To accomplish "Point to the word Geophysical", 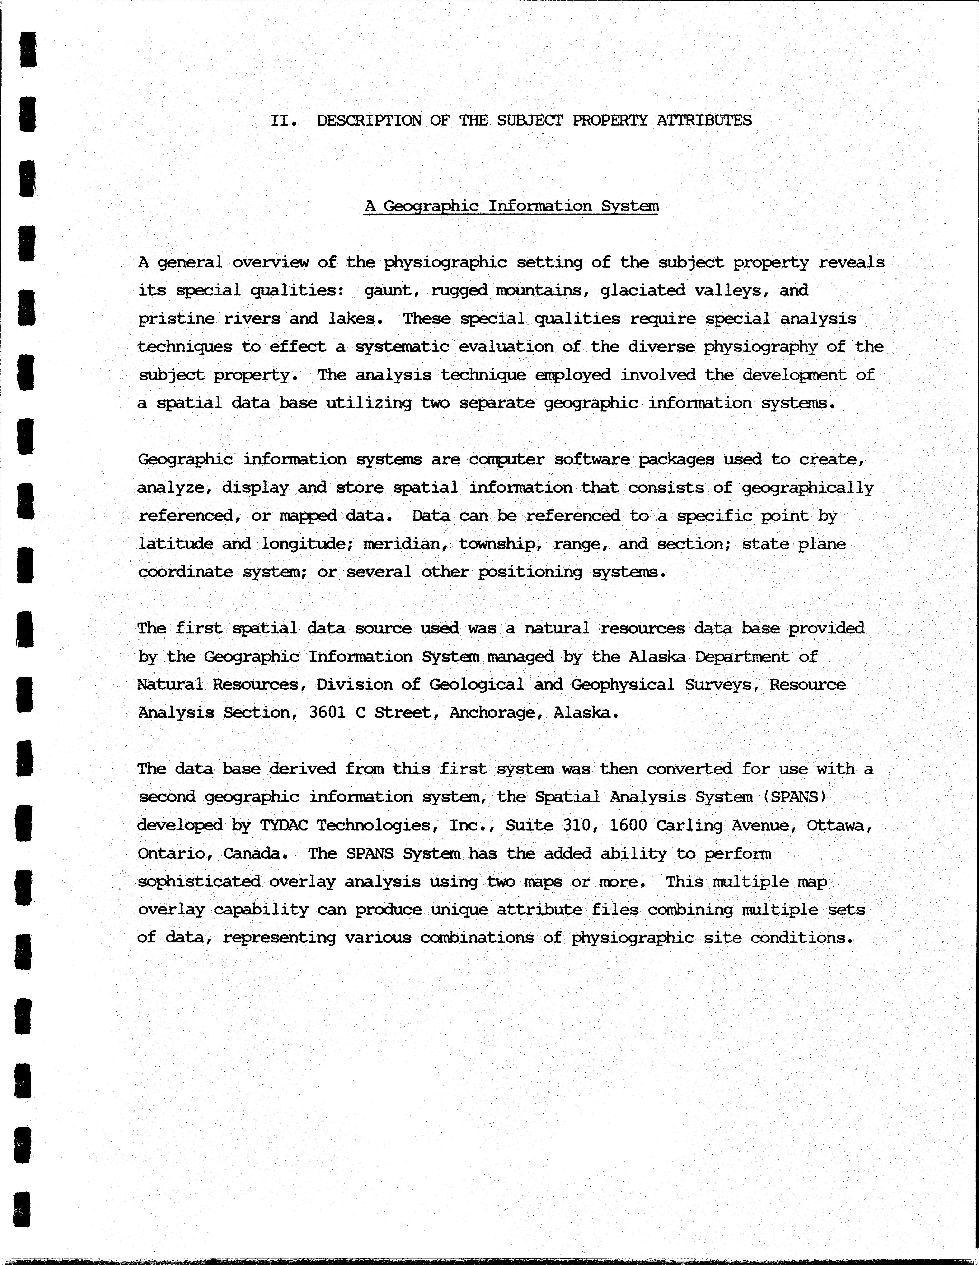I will click(x=623, y=685).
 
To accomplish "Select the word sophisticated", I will click(x=199, y=881).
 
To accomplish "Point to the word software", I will click(x=591, y=459).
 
